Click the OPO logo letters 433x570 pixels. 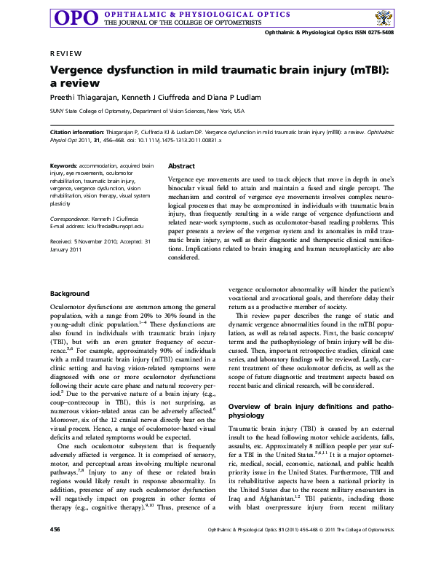[x=76, y=18]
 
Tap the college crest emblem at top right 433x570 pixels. [x=386, y=17]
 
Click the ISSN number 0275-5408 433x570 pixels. [x=378, y=33]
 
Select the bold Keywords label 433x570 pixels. [x=64, y=166]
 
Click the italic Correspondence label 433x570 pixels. [x=69, y=219]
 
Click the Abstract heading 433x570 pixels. [x=181, y=166]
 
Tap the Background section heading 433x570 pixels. [x=70, y=293]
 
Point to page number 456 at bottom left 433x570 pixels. [x=55, y=548]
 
